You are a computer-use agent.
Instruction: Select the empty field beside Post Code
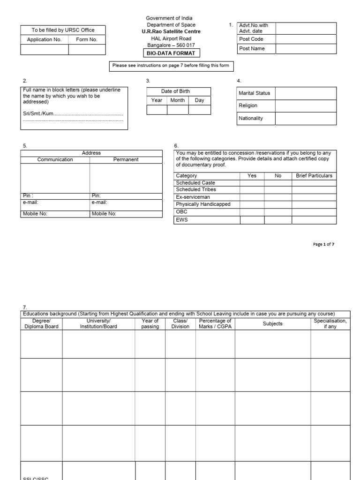[306, 39]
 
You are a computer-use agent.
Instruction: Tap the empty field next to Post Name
[306, 49]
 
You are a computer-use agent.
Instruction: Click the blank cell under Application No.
[45, 50]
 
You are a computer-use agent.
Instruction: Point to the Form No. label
[87, 40]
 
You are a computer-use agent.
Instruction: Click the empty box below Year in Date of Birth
[157, 110]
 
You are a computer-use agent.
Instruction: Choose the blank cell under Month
[178, 110]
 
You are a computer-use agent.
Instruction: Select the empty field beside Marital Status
[306, 93]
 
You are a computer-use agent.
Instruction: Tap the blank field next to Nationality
[306, 119]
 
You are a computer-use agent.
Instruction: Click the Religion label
[248, 106]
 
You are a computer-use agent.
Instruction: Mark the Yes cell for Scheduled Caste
[252, 183]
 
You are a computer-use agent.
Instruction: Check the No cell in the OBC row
[277, 212]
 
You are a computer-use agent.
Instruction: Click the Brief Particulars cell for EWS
[314, 220]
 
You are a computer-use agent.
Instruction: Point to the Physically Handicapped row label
[203, 204]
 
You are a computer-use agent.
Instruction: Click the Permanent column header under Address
[126, 159]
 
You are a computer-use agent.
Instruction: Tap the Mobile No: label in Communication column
[35, 214]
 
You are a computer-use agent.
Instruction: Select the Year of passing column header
[150, 323]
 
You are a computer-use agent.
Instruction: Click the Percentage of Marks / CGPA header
[215, 323]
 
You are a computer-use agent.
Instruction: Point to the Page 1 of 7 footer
[323, 244]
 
